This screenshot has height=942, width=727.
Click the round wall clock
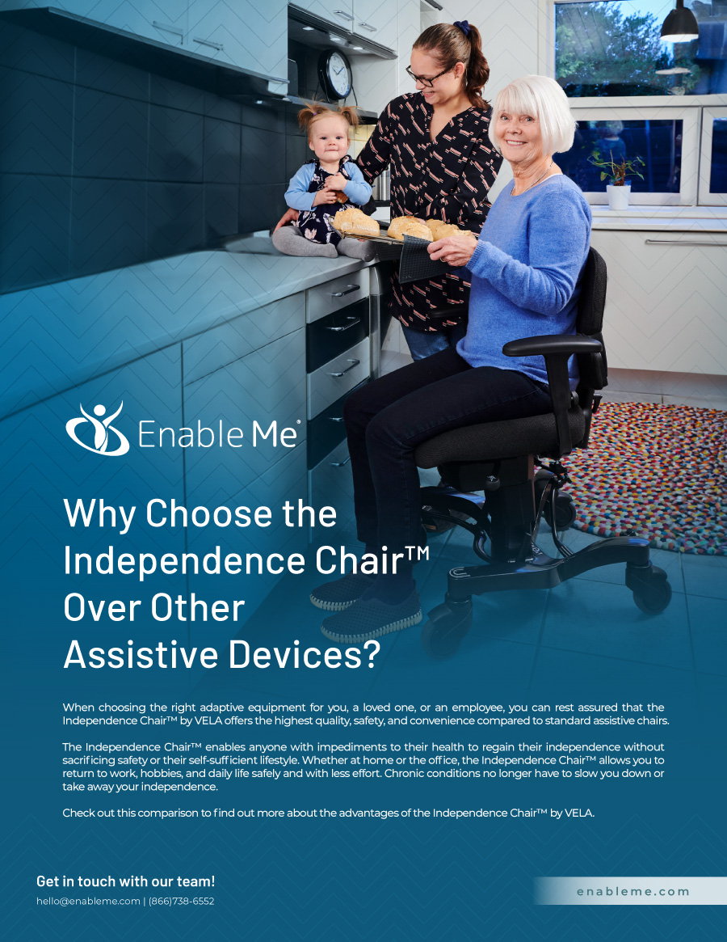point(334,74)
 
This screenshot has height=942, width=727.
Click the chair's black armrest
point(553,346)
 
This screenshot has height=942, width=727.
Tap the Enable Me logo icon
point(97,428)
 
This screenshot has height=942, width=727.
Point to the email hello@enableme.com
point(88,901)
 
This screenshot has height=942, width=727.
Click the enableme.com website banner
point(632,891)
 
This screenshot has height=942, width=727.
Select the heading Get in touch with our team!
point(125,881)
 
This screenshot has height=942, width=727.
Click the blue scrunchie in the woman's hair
point(462,29)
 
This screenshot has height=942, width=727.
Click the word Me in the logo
point(275,433)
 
